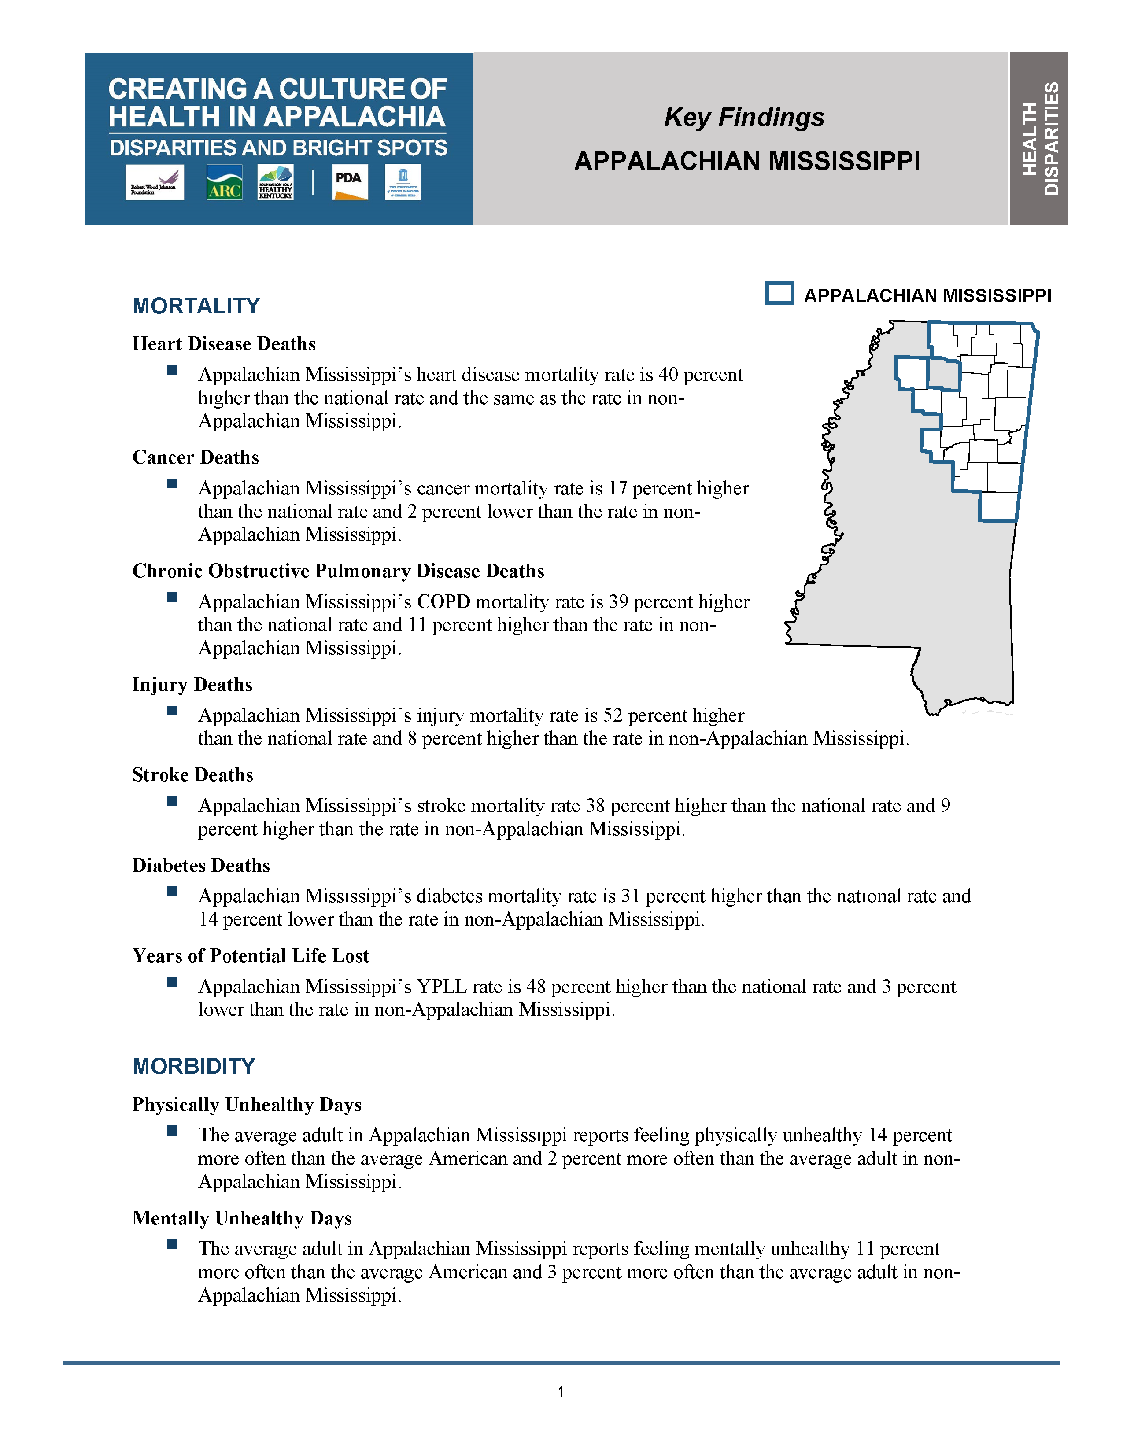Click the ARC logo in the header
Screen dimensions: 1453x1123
coord(224,182)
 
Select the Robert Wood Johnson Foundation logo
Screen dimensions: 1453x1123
coord(154,182)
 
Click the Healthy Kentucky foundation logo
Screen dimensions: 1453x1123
coord(275,182)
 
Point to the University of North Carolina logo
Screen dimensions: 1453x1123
coord(403,182)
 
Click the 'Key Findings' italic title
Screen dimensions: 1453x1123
coord(744,117)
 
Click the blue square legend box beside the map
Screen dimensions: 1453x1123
coord(779,293)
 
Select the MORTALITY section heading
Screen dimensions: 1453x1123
coord(196,306)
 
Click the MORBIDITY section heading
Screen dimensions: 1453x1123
coord(194,1066)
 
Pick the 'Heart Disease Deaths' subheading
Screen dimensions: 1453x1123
coord(224,343)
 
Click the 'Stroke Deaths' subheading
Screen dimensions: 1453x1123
coord(193,774)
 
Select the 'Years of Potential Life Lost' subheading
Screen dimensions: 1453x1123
coord(251,955)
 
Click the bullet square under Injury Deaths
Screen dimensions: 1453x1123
coord(172,711)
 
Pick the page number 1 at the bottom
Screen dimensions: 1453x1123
coord(561,1391)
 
